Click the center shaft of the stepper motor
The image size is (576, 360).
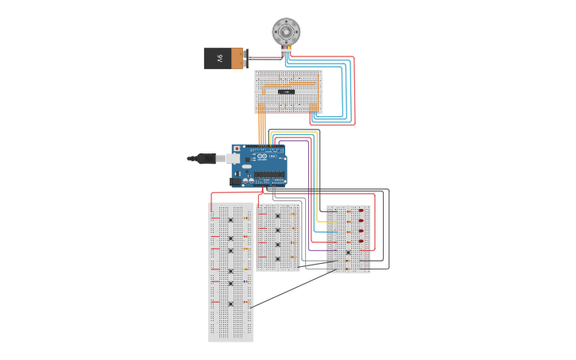click(x=286, y=32)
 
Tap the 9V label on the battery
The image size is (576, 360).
click(x=218, y=58)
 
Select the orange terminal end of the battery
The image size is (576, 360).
click(x=238, y=58)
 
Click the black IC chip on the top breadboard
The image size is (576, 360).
click(x=287, y=92)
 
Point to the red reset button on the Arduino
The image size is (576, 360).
click(x=236, y=149)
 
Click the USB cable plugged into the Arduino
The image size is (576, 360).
click(x=208, y=158)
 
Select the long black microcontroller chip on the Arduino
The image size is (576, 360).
click(x=269, y=173)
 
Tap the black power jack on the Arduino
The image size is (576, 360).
click(x=236, y=182)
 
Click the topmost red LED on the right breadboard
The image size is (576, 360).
click(x=361, y=211)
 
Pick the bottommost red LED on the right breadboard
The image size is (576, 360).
click(x=361, y=241)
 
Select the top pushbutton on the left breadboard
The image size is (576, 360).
click(x=230, y=219)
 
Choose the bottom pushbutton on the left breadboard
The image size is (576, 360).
click(x=230, y=304)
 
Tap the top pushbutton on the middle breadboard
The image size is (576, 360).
click(x=277, y=215)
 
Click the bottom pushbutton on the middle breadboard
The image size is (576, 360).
click(x=277, y=259)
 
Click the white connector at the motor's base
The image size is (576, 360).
click(x=286, y=50)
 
